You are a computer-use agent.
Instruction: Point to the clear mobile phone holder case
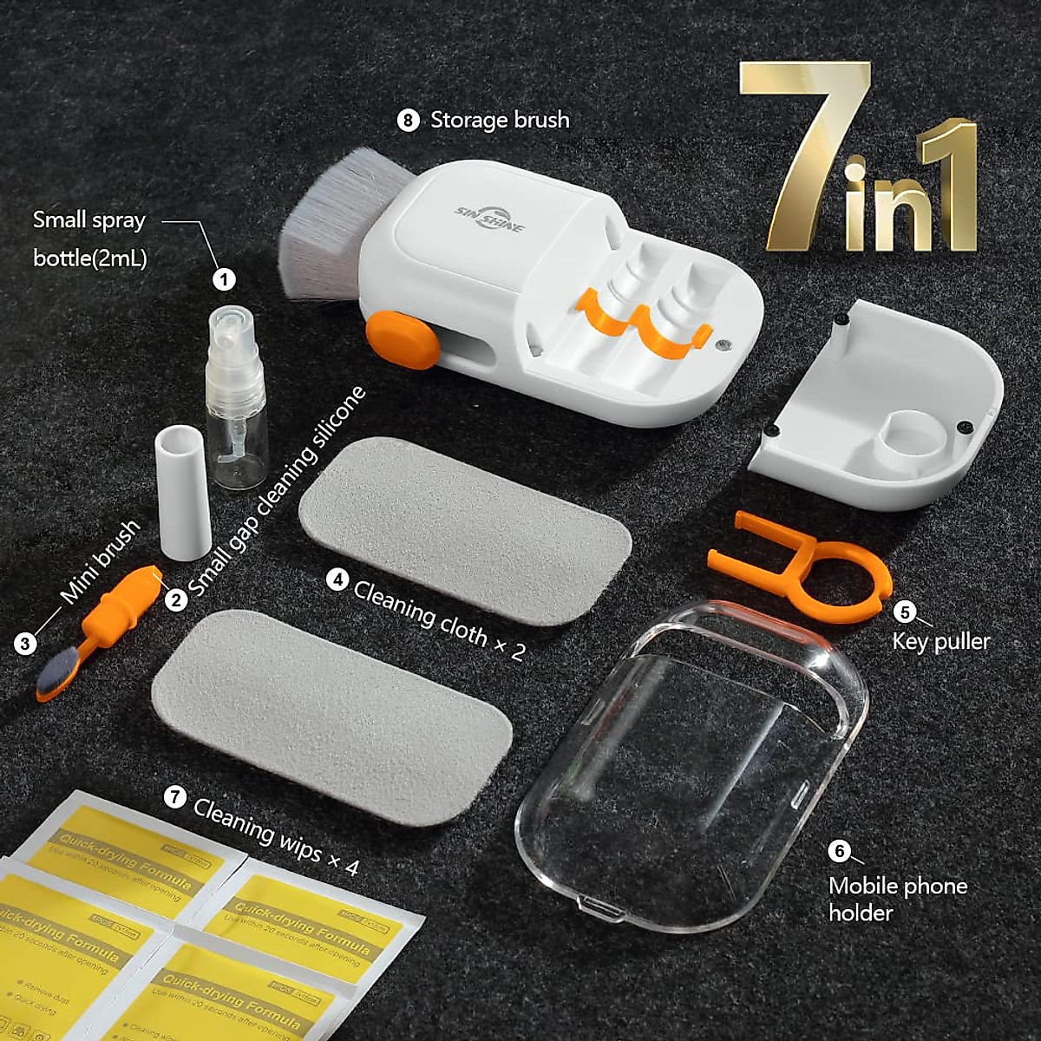[694, 763]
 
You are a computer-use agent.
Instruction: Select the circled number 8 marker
[408, 120]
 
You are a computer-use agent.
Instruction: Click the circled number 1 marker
[225, 278]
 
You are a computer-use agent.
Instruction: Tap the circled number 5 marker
[905, 612]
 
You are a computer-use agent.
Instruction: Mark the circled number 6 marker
[839, 851]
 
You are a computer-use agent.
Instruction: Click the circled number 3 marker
[26, 643]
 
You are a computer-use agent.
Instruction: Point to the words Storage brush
[500, 120]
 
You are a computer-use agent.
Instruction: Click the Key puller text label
[941, 642]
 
